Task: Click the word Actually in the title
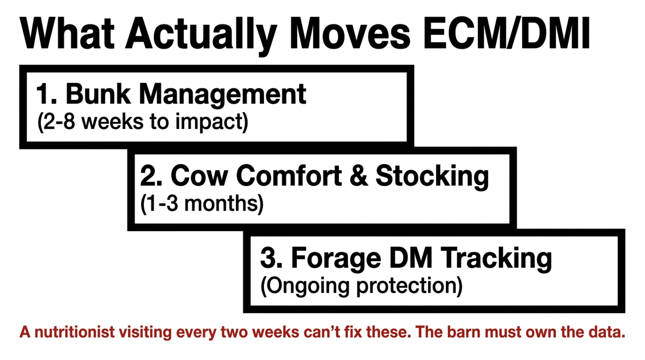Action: [x=202, y=35]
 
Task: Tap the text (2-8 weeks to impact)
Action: [x=143, y=122]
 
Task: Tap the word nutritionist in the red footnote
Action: [x=74, y=332]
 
